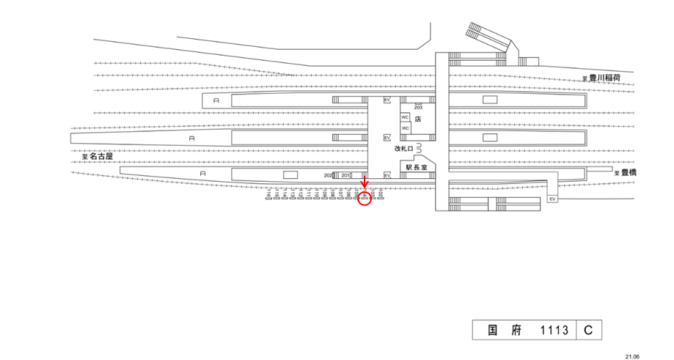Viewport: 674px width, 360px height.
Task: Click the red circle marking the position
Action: pyautogui.click(x=365, y=199)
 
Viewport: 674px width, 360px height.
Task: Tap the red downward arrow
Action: pyautogui.click(x=365, y=183)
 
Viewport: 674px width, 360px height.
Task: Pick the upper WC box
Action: pyautogui.click(x=405, y=117)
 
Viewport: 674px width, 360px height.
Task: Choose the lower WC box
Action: pyautogui.click(x=405, y=128)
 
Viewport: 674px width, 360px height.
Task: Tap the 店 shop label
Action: pyautogui.click(x=417, y=118)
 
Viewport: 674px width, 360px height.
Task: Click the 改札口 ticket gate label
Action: pyautogui.click(x=403, y=148)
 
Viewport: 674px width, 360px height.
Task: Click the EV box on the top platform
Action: pyautogui.click(x=387, y=99)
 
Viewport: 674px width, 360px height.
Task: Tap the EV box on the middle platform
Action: pyautogui.click(x=387, y=137)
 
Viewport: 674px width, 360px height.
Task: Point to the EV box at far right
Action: pyautogui.click(x=552, y=199)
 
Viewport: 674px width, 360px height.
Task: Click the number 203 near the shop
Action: pyautogui.click(x=419, y=107)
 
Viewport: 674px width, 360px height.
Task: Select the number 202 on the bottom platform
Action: pyautogui.click(x=329, y=175)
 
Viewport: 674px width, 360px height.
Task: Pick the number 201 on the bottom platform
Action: pyautogui.click(x=346, y=175)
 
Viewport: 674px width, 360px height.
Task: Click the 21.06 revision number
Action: pyautogui.click(x=632, y=355)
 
